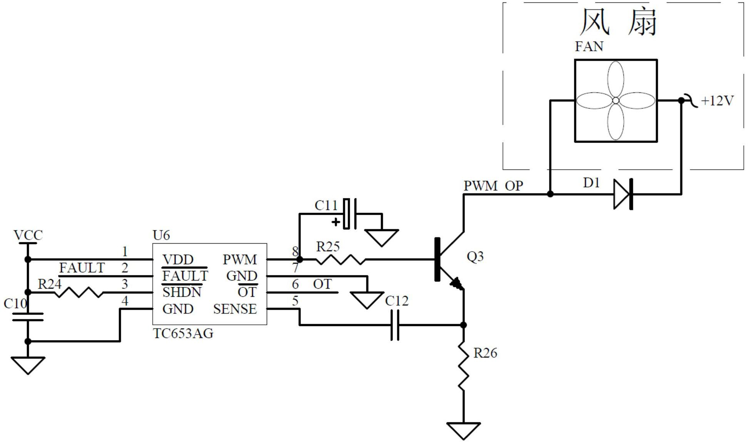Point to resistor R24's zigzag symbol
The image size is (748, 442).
(79, 292)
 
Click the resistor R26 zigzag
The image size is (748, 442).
(464, 366)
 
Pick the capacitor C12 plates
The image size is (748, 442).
(395, 325)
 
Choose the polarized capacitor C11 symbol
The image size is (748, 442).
(349, 214)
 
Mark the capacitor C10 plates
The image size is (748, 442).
(28, 317)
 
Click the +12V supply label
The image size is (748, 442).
(717, 101)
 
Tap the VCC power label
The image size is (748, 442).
(28, 235)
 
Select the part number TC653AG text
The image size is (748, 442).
(183, 333)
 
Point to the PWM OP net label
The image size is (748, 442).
(493, 186)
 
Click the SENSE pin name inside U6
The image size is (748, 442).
(235, 309)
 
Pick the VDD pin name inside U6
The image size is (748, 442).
(178, 260)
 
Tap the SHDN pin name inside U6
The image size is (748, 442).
(182, 292)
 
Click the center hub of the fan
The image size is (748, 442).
(616, 101)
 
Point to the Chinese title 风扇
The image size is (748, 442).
(618, 22)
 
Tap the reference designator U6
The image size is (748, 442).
(161, 235)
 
